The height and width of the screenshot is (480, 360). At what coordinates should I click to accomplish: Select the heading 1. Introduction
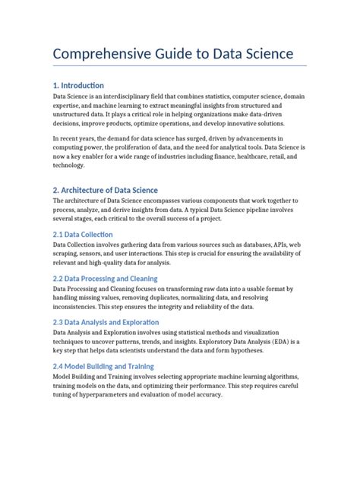coord(78,85)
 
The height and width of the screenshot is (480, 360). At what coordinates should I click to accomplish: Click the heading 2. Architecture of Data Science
coord(106,189)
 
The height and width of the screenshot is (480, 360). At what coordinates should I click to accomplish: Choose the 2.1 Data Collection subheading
coord(83,235)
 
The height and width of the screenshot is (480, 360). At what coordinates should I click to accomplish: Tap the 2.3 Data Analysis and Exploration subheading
coord(106,322)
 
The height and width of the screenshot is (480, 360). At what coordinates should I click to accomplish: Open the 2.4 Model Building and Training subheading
coord(103,366)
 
